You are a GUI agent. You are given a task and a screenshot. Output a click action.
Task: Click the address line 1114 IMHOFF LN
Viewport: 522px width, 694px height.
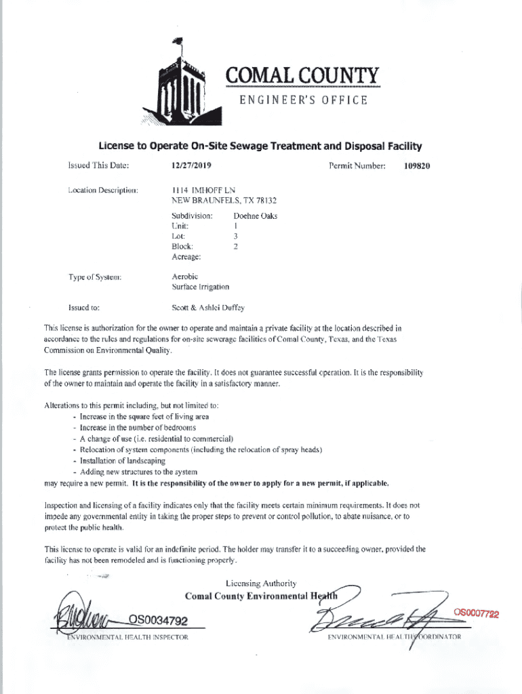point(203,190)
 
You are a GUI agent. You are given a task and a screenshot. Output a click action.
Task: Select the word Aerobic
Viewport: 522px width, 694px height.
point(184,277)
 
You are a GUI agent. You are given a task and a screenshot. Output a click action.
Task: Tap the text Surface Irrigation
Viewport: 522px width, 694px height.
point(201,287)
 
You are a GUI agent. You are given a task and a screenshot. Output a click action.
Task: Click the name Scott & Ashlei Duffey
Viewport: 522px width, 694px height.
point(207,307)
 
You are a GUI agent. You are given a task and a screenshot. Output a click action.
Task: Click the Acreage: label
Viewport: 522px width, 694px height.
point(186,257)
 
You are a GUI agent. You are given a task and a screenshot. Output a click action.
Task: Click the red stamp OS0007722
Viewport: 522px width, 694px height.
point(477,614)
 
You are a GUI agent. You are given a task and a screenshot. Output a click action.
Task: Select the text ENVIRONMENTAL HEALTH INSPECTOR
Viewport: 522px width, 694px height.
point(127,638)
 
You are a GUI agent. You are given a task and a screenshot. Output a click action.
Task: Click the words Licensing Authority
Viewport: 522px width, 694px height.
point(260,584)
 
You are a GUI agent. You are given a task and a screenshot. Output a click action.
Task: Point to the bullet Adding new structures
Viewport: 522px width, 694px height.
point(138,471)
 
